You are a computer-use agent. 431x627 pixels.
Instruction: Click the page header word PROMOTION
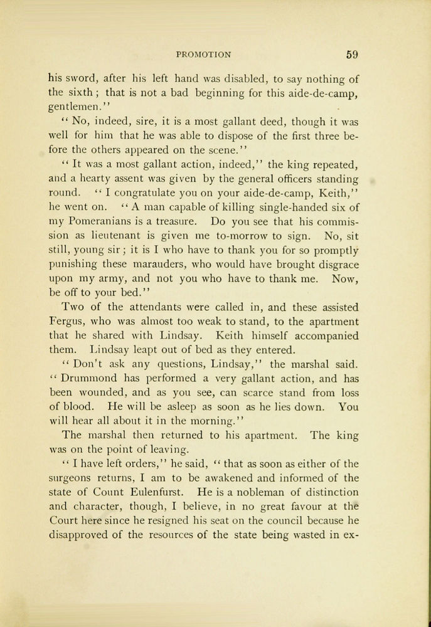[x=205, y=55]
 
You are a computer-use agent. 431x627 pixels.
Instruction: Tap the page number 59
[x=352, y=55]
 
